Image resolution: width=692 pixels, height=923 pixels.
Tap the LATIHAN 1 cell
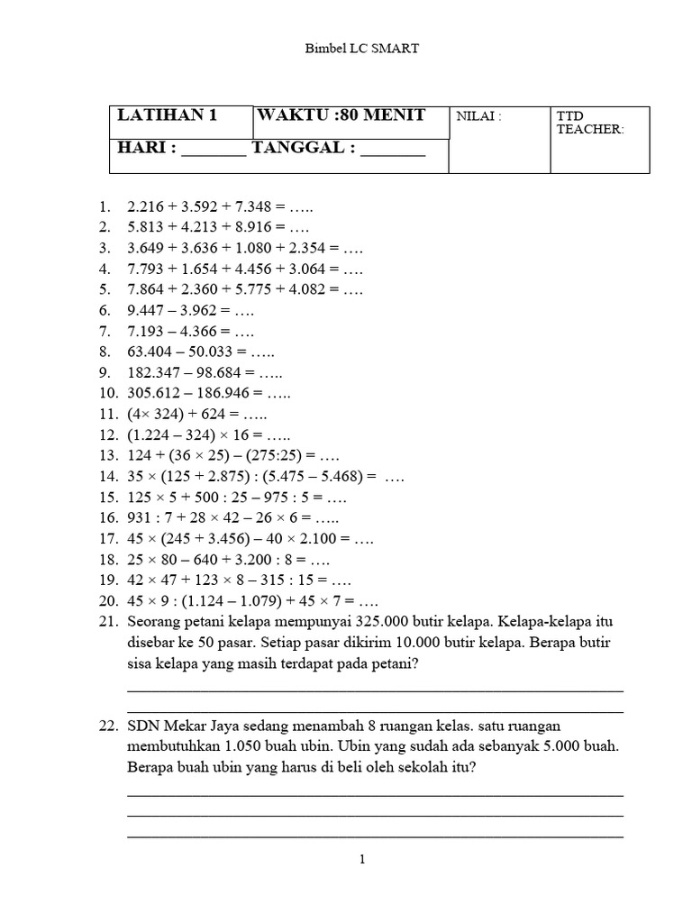168,115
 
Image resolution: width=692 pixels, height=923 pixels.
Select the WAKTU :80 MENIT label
341,115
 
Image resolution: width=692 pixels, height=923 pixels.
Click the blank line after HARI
214,149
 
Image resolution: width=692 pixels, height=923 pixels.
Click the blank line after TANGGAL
392,149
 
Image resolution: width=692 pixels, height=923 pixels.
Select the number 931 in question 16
141,518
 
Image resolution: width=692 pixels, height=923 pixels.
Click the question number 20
109,602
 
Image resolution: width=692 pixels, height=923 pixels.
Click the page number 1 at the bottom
361,860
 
